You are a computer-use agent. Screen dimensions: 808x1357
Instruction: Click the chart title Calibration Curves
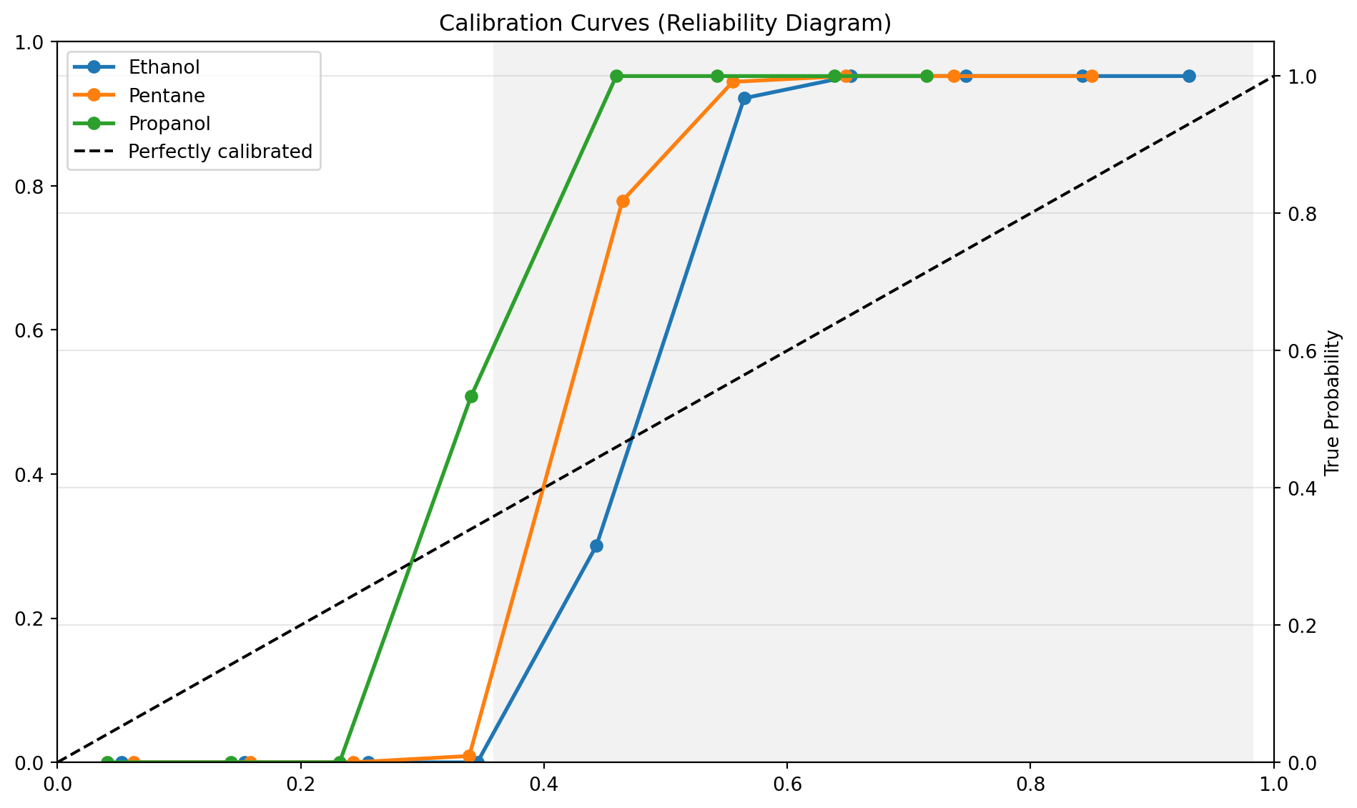click(665, 24)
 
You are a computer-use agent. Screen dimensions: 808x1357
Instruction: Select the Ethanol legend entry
click(164, 66)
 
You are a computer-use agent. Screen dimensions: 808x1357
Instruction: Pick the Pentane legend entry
click(167, 95)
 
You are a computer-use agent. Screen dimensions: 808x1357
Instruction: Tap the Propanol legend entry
click(169, 124)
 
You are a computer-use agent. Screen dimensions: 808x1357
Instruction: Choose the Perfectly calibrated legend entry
click(220, 152)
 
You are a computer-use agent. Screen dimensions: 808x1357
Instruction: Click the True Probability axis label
click(1331, 403)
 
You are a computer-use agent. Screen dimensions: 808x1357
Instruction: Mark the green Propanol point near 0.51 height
click(471, 396)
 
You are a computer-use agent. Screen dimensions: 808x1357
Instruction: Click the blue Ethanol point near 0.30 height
click(596, 546)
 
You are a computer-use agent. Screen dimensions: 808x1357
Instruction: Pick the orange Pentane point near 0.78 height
click(623, 201)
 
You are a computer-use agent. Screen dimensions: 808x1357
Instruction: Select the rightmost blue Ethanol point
click(1189, 77)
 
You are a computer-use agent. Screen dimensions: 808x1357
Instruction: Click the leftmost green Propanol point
click(107, 762)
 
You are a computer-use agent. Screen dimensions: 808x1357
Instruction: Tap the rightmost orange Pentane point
click(1092, 77)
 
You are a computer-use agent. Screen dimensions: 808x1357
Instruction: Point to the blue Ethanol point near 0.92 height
click(744, 98)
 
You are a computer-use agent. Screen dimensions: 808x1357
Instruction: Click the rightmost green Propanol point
click(927, 77)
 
